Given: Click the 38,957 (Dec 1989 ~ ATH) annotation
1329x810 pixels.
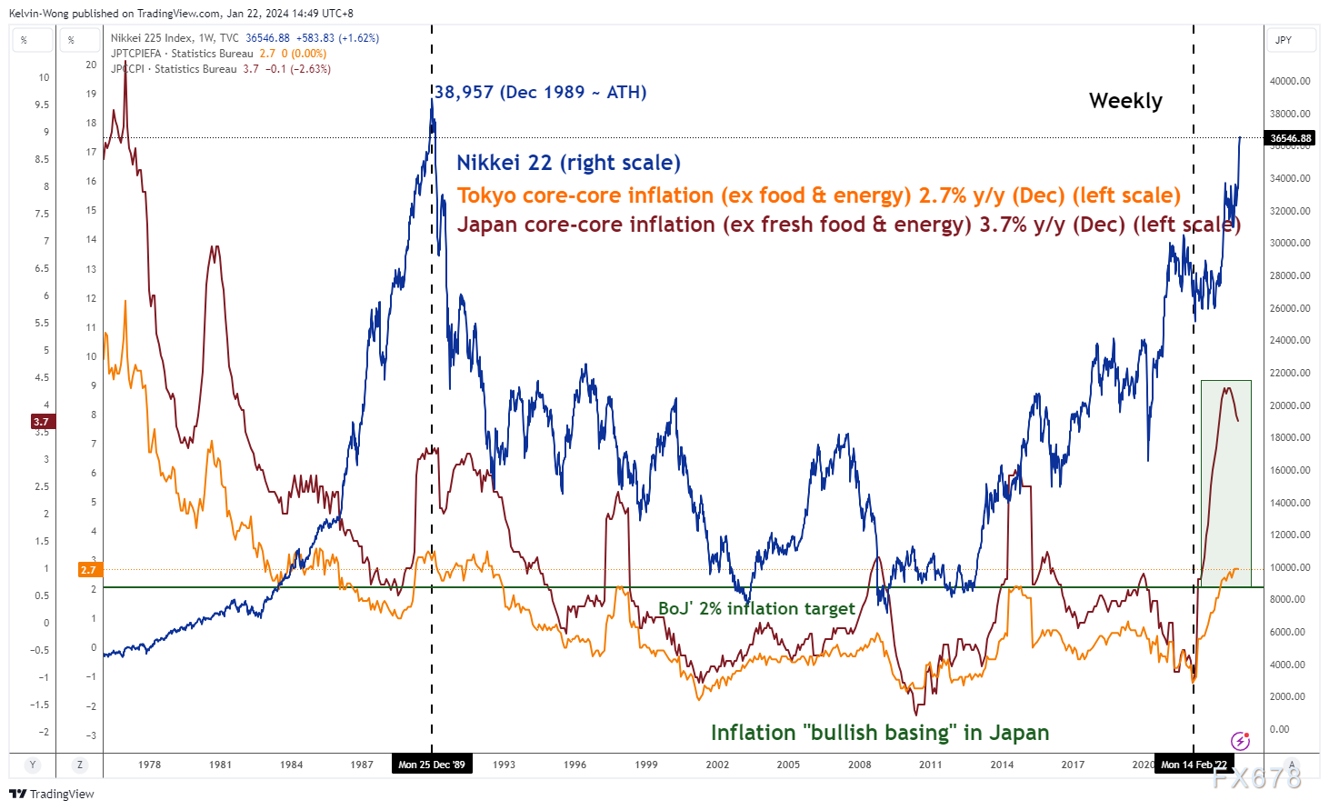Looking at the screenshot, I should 540,92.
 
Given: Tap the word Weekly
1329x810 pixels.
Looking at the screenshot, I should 1125,101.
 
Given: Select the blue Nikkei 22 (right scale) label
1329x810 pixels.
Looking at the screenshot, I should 568,163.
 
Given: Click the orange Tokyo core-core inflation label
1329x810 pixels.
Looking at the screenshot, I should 818,195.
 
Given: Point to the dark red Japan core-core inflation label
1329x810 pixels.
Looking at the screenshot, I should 848,225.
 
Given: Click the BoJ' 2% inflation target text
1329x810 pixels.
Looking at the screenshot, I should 756,608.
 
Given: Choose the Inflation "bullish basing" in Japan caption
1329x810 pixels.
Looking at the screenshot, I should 879,733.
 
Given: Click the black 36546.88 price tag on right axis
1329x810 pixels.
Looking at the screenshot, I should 1290,138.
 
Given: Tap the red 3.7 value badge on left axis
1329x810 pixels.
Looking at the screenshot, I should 42,422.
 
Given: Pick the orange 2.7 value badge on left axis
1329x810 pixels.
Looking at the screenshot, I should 88,570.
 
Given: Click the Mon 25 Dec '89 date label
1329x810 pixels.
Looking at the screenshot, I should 432,765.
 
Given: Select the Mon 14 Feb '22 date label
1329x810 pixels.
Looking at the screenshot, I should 1194,765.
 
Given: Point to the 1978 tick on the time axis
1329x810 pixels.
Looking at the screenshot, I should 149,765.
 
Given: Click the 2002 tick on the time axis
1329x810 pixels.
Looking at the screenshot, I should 717,765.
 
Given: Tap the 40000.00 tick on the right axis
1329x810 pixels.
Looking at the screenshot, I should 1290,81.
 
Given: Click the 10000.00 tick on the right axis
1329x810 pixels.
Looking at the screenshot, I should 1290,567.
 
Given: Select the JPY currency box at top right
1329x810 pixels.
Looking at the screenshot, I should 1284,40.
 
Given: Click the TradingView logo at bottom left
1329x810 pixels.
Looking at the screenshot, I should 52,794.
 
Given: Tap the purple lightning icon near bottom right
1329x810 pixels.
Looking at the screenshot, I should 1239,740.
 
